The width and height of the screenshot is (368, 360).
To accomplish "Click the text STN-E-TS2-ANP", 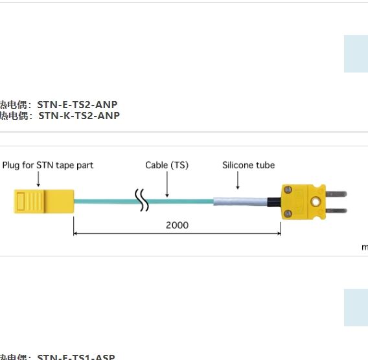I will click(x=78, y=104).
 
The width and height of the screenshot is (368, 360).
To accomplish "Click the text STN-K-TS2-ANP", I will click(x=79, y=116).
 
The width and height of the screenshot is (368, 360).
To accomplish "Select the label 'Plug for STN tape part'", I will click(x=48, y=165).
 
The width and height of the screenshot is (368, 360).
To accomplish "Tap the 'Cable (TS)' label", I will click(x=167, y=165).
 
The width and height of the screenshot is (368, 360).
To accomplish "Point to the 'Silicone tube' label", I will click(x=248, y=165).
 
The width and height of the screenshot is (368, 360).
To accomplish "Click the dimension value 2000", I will click(x=177, y=225).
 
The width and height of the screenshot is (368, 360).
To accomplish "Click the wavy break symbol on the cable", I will click(x=141, y=200).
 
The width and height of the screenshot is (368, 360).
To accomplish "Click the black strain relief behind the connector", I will click(x=276, y=201).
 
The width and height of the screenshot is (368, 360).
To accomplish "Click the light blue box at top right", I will click(x=356, y=53).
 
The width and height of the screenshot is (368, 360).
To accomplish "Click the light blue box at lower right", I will click(x=356, y=307).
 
